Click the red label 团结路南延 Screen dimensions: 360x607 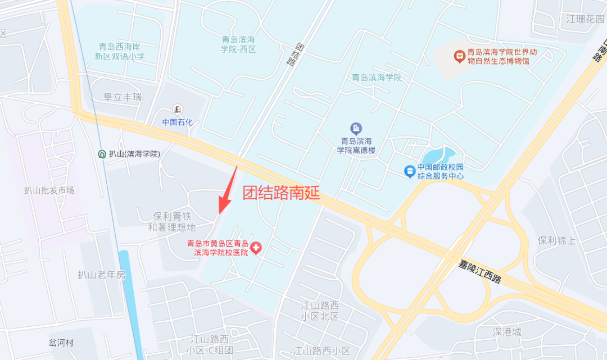click(x=281, y=193)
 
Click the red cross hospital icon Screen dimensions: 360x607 click(x=256, y=248)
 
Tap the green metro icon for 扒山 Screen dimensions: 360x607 click(x=102, y=154)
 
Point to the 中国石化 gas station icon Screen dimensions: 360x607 click(x=178, y=109)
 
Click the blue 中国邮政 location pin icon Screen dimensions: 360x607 click(x=410, y=170)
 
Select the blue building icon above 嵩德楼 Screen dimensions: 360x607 click(x=356, y=128)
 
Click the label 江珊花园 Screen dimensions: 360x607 click(x=585, y=19)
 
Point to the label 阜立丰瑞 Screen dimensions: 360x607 click(x=123, y=97)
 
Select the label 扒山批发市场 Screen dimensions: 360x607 click(x=49, y=190)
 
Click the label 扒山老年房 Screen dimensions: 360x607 click(x=102, y=275)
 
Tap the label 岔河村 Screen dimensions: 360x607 click(x=61, y=343)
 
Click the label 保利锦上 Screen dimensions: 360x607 click(x=557, y=240)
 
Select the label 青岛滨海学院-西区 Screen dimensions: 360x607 click(x=239, y=44)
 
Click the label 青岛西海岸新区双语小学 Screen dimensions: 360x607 click(x=122, y=52)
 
